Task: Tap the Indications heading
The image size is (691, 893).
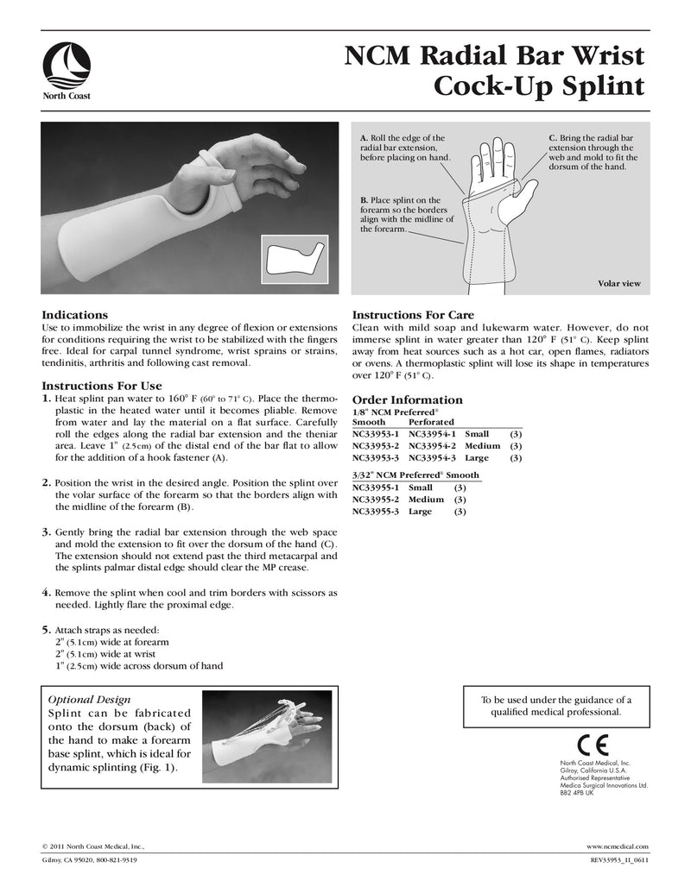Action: [x=75, y=316]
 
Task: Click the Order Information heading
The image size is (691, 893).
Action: [x=408, y=399]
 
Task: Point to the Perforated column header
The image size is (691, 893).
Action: [x=431, y=422]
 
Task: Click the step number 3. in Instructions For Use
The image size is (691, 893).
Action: [x=48, y=534]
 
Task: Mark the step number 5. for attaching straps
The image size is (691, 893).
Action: [x=48, y=629]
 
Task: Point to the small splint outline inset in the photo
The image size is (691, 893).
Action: [x=294, y=256]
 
